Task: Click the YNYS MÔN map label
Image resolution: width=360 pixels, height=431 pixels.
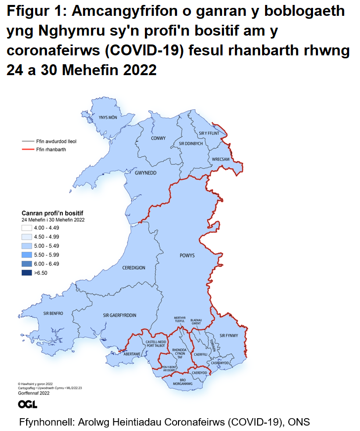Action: pos(107,118)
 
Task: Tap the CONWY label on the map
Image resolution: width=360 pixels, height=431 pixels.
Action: pos(158,138)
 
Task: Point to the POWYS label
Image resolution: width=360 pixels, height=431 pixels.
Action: pos(187,256)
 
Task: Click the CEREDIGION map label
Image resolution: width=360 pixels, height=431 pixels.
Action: pos(134,267)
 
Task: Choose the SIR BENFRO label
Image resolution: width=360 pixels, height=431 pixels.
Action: pos(53,313)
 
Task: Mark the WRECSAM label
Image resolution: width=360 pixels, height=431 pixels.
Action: pos(221,159)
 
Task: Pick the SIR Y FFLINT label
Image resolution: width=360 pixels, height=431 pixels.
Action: pos(209,133)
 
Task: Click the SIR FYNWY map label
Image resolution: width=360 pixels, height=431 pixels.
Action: pos(229,336)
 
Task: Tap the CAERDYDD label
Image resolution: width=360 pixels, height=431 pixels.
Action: pos(200,372)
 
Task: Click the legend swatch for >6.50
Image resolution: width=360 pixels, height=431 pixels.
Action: pos(27,273)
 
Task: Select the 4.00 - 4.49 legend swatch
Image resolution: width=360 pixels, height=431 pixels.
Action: pos(27,228)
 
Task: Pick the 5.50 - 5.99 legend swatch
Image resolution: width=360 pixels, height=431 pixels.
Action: pos(27,255)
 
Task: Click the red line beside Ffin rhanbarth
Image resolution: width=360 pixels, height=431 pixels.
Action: pos(27,149)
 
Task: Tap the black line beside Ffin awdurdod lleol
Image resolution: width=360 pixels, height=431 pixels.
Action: pos(27,141)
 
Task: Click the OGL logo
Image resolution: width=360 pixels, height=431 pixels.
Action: pos(28,405)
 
